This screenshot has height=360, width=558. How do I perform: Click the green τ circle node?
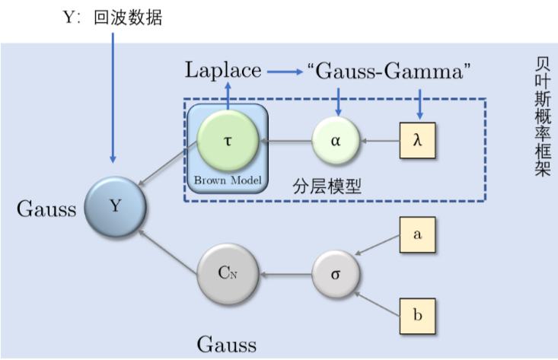[228, 142]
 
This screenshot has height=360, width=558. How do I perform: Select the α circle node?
[335, 142]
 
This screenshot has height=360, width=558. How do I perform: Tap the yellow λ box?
[417, 142]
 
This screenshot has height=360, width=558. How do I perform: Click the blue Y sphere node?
[114, 205]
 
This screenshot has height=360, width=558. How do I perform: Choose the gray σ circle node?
[336, 272]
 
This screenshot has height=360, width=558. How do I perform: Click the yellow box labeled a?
[417, 234]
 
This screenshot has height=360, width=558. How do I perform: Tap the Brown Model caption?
[228, 180]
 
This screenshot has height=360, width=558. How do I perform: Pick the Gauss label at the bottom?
[227, 345]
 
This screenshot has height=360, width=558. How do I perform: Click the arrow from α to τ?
[285, 142]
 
